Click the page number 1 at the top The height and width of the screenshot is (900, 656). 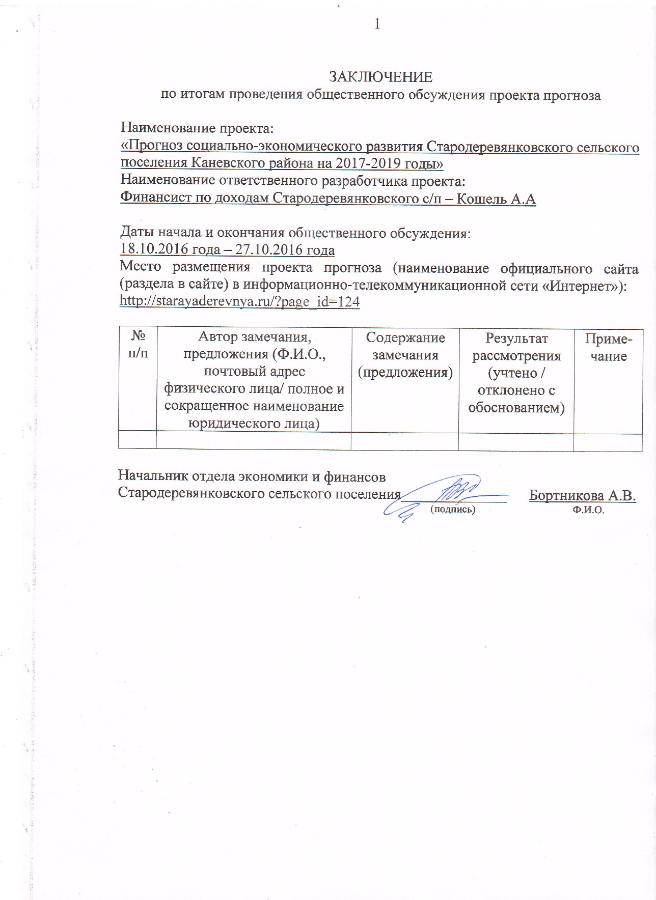click(377, 24)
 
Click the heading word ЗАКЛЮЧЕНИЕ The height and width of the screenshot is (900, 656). click(380, 77)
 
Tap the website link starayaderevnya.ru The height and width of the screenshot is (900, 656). click(239, 302)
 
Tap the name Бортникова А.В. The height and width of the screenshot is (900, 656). click(582, 495)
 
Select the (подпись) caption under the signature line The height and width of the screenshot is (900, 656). click(453, 509)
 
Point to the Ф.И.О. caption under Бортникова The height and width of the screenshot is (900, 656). click(588, 510)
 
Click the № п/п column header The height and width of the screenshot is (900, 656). click(138, 344)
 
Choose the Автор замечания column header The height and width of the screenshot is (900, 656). click(254, 379)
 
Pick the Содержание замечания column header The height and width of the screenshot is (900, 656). click(405, 355)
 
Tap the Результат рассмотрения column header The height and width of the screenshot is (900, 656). click(516, 373)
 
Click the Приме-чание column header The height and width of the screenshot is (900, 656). click(608, 347)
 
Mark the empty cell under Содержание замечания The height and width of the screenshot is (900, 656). click(405, 441)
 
